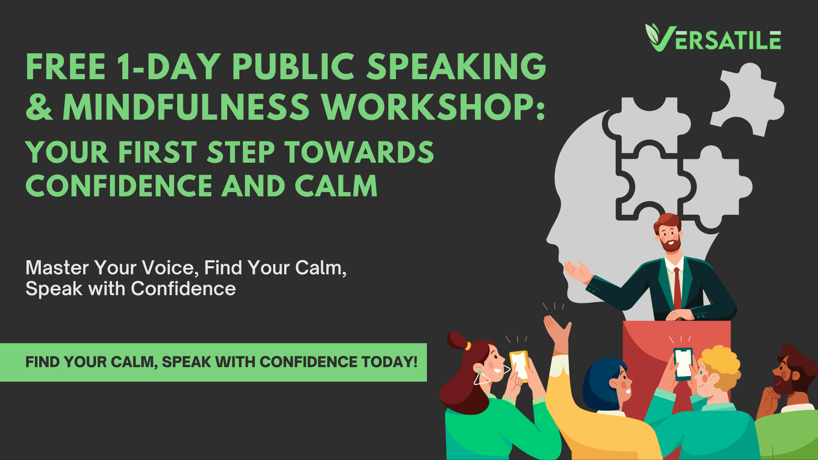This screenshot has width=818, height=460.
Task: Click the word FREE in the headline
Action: [66, 67]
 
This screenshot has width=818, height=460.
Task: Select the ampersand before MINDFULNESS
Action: [39, 106]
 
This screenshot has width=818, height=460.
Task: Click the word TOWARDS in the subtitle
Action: [360, 152]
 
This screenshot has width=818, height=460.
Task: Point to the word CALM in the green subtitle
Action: [336, 186]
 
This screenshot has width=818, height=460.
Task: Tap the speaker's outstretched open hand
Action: [577, 271]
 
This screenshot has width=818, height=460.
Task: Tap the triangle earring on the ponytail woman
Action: [482, 378]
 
